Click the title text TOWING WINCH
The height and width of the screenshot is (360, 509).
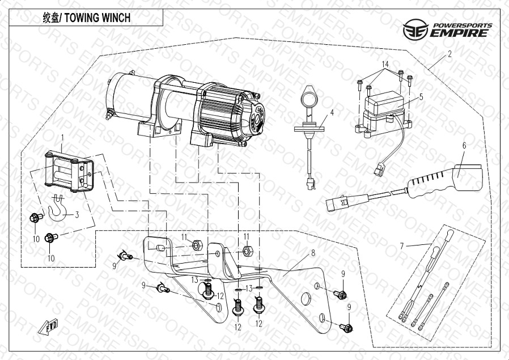click(97, 18)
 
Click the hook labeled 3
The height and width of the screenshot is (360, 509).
click(59, 209)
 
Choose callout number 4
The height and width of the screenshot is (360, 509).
click(332, 112)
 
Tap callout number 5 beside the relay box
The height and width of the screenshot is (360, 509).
click(421, 97)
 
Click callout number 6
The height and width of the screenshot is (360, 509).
click(464, 145)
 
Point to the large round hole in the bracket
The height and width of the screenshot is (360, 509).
click(304, 300)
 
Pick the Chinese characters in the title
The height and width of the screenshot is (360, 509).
click(52, 18)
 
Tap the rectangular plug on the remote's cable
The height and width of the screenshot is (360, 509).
click(337, 202)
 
